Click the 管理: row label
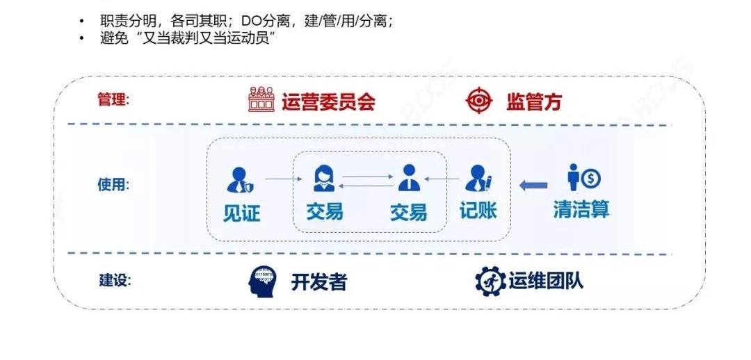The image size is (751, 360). pos(113,100)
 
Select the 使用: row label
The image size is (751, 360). pos(113,184)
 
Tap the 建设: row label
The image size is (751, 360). pos(115,280)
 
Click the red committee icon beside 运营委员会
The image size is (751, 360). pos(261,99)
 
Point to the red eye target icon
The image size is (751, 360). pos(479,100)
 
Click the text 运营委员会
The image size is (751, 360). pos(328,101)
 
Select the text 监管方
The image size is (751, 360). pos(534,101)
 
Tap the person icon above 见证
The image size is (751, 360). pos(240,179)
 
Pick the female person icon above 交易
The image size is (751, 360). pos(324,178)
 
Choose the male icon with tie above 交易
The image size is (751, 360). pos(409,178)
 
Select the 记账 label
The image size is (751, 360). pos(478,211)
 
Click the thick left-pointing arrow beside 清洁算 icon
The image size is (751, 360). pos(533,185)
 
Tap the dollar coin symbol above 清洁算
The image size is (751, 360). pos(590,179)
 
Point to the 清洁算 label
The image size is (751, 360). pos(581,209)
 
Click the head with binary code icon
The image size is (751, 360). pos(261,281)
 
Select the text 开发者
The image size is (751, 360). pos(318,282)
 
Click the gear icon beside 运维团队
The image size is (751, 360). pos(490,281)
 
